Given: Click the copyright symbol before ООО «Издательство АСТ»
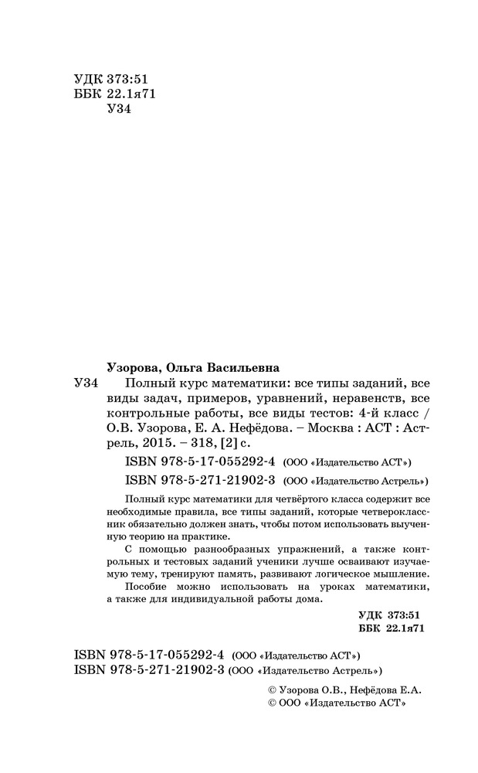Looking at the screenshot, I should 270,703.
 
